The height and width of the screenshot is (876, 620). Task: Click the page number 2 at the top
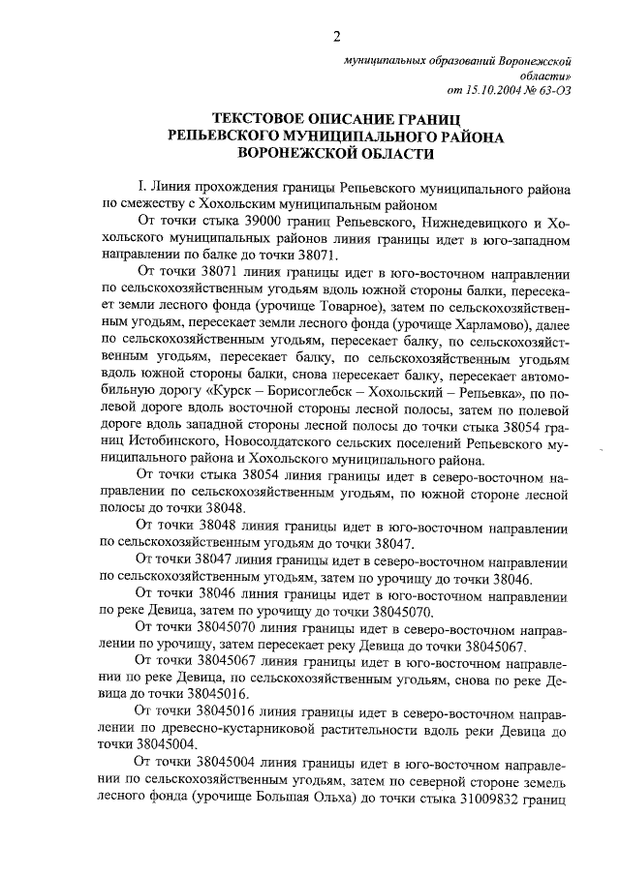(x=336, y=37)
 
